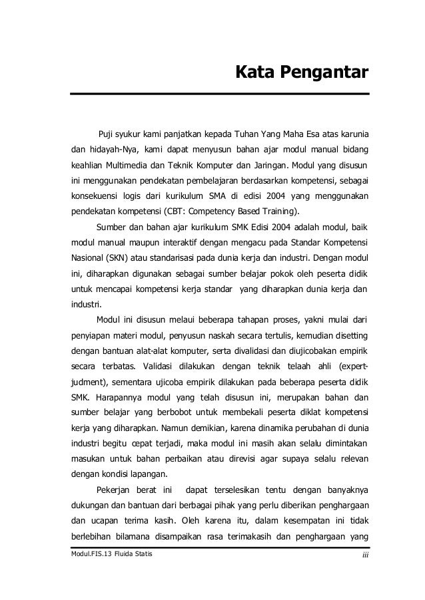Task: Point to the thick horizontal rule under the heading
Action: (220, 94)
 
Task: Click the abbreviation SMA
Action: (240, 197)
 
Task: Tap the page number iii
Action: (364, 555)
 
